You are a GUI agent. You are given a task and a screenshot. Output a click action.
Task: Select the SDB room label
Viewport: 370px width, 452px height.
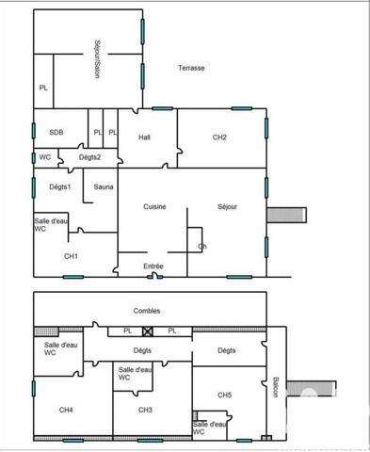pos(56,133)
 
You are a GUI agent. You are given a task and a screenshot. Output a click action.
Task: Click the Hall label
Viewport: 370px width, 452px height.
pos(144,137)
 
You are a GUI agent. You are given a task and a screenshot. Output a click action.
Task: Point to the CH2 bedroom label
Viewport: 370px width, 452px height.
pos(219,137)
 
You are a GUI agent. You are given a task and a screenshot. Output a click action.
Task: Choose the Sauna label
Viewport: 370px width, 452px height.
pos(104,186)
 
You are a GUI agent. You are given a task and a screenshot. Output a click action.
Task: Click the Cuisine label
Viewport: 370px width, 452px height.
pos(155,206)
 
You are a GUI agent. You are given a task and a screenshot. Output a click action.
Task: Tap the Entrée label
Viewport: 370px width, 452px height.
pos(153,266)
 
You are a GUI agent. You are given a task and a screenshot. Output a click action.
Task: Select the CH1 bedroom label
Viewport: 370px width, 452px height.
pos(71,256)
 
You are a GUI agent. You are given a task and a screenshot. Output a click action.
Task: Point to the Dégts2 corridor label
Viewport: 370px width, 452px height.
pos(89,156)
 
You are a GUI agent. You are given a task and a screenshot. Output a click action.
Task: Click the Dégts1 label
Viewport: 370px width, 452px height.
pos(60,186)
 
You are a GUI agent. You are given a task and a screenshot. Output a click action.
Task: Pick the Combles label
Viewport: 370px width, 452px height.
pos(147,310)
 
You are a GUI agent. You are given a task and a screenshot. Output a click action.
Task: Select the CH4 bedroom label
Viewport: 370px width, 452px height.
pos(66,410)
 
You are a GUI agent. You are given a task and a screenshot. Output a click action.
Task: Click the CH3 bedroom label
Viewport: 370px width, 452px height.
pos(145,410)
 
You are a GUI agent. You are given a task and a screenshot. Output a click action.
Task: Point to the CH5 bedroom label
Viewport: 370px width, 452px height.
pos(224,395)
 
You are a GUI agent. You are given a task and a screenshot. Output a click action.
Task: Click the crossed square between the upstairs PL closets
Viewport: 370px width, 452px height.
pos(148,331)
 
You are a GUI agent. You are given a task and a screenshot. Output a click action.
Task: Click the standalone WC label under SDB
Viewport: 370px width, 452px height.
pos(45,156)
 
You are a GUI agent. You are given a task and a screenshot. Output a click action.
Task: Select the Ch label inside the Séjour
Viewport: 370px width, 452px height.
pos(201,247)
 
